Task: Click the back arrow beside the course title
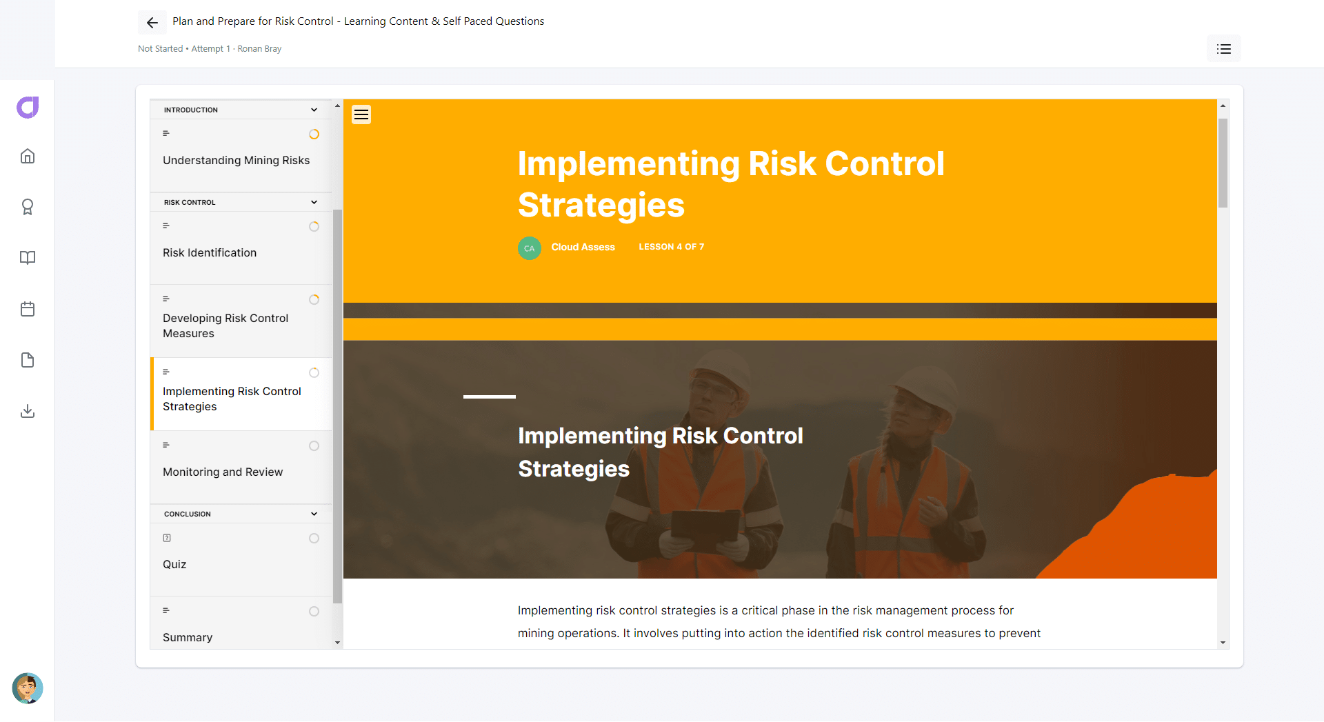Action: point(152,23)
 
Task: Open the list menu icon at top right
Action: point(1224,49)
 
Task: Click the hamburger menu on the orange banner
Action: point(361,114)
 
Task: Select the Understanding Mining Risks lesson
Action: point(236,160)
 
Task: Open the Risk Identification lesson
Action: point(210,252)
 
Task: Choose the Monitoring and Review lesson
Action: point(223,472)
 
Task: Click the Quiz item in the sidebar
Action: point(174,564)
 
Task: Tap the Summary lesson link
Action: point(188,637)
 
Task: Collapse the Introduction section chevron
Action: point(314,110)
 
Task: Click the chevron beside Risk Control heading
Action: point(314,202)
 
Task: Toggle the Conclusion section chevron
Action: point(314,514)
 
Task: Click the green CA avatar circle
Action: point(530,248)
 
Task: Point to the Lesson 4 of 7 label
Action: point(672,247)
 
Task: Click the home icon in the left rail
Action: point(28,156)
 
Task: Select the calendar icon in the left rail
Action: point(28,309)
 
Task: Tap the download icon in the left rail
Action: point(28,411)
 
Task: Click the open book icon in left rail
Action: point(28,258)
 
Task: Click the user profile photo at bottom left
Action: point(28,688)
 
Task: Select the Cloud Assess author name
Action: point(583,247)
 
